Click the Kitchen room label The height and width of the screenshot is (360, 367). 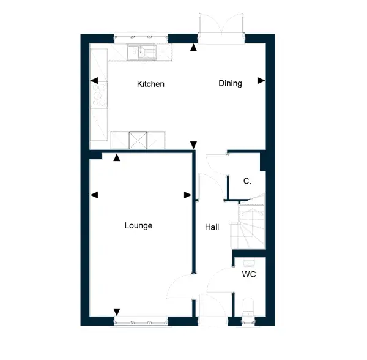(x=150, y=84)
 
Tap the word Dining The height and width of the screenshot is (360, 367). (x=230, y=84)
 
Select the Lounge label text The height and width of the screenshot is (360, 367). (x=138, y=226)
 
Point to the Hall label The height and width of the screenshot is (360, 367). (x=212, y=227)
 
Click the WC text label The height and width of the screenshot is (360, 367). (x=249, y=274)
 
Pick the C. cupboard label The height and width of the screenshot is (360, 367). (x=247, y=181)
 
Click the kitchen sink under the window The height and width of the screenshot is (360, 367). (x=141, y=52)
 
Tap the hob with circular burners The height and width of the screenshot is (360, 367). (x=99, y=95)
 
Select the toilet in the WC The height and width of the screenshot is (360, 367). (x=248, y=307)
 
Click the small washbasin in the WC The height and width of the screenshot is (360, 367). (x=248, y=262)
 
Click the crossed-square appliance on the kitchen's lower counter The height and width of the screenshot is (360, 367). (x=138, y=140)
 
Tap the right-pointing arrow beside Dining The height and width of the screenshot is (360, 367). (x=261, y=81)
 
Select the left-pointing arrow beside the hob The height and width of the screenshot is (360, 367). (x=94, y=81)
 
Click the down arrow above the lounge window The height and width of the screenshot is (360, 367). (x=117, y=312)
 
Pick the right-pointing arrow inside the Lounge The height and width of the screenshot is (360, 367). (x=188, y=195)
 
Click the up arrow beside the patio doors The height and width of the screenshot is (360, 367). (x=193, y=48)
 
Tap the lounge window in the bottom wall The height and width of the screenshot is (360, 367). (x=141, y=321)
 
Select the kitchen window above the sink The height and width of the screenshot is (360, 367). (x=141, y=38)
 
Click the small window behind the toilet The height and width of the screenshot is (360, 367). (x=248, y=321)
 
